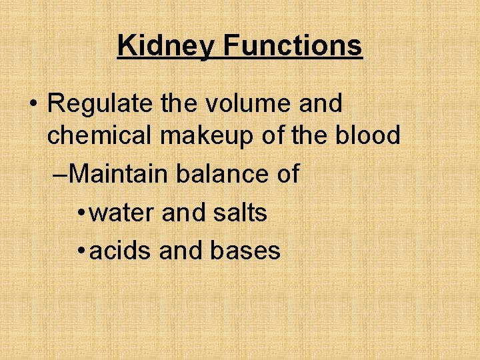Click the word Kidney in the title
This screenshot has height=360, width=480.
pyautogui.click(x=167, y=46)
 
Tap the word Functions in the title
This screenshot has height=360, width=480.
pyautogui.click(x=293, y=46)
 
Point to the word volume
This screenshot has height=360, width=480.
pyautogui.click(x=240, y=104)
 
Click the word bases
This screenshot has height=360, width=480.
pyautogui.click(x=245, y=251)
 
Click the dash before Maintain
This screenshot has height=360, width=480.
pyautogui.click(x=60, y=175)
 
